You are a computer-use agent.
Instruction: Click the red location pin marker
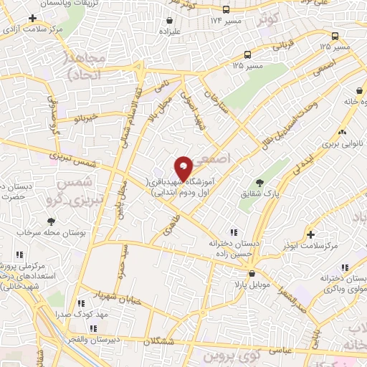click(x=183, y=168)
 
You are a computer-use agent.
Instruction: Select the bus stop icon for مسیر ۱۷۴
click(x=226, y=9)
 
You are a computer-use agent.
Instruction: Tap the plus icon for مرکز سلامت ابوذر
click(x=310, y=234)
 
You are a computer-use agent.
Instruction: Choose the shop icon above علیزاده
click(x=170, y=21)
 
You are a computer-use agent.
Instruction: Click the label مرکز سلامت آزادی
click(x=33, y=30)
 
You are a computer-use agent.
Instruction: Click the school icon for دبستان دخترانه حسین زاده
click(x=233, y=232)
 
